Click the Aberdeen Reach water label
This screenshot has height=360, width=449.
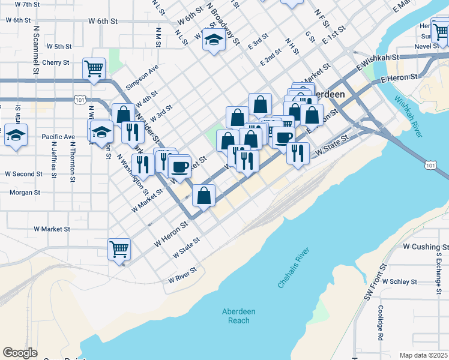pos(239,316)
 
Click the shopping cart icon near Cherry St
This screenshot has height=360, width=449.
pos(94,68)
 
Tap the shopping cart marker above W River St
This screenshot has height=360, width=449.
pos(119,248)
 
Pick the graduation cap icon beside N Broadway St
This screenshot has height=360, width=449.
pos(213,41)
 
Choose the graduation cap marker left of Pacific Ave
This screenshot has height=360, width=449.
pos(16,134)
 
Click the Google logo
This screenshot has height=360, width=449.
pos(20,353)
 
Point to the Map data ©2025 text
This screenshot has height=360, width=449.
pos(423,355)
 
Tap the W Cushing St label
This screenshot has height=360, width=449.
pos(426,247)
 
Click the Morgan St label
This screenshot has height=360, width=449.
pos(25,193)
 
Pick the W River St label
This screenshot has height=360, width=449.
pos(182,275)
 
